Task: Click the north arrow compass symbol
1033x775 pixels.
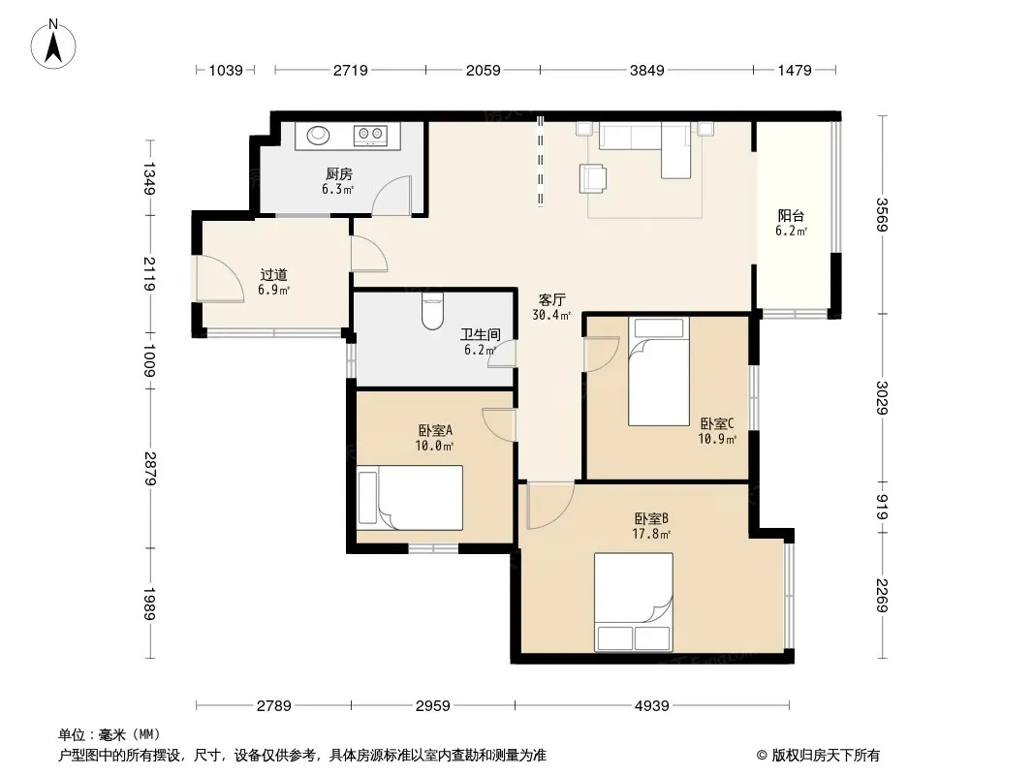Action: (53, 44)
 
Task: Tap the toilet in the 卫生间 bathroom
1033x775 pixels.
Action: (432, 308)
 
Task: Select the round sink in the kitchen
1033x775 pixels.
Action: (319, 135)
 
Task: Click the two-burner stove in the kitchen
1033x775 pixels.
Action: (370, 136)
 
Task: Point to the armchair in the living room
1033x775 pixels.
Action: (593, 178)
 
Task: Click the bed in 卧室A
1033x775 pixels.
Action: (410, 498)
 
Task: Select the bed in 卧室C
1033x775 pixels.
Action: (659, 371)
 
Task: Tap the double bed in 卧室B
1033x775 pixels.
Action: (634, 602)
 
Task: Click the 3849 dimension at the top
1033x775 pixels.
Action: (647, 70)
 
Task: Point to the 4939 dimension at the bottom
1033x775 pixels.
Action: (651, 706)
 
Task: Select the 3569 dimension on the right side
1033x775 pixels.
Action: (882, 215)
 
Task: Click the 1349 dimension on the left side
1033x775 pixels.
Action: (149, 178)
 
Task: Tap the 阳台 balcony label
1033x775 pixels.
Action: (791, 215)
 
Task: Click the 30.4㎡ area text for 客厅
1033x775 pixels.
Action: (551, 316)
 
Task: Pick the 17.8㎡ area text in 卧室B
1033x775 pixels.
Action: (651, 534)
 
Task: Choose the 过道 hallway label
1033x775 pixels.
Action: (273, 274)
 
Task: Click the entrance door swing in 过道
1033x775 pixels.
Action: (220, 279)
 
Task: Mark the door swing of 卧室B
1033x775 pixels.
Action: (550, 506)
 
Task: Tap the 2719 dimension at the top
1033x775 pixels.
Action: (350, 70)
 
